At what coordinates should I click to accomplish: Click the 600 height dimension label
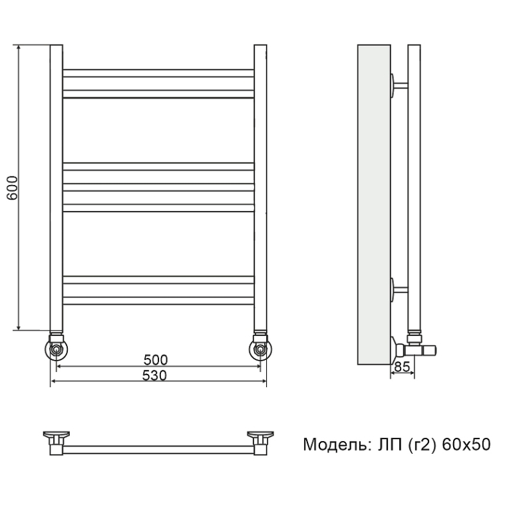(12, 188)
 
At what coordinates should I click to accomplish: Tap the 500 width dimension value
(156, 359)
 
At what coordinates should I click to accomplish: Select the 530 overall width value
(154, 375)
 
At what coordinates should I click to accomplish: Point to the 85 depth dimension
(403, 367)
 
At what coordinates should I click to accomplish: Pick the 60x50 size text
(466, 444)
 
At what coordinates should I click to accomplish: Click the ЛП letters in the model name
(391, 444)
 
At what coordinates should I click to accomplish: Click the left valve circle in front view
(57, 349)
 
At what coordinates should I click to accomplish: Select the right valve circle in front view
(260, 349)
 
